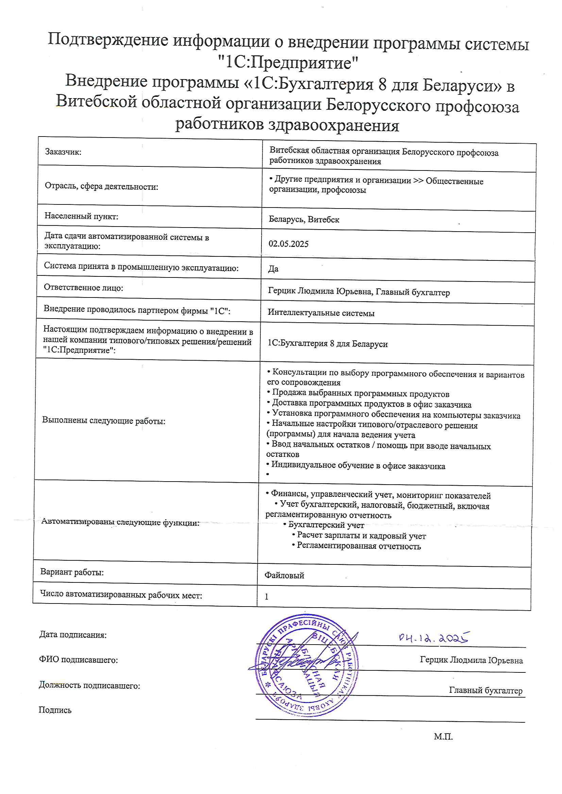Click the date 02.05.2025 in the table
(x=288, y=244)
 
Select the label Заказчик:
(x=63, y=152)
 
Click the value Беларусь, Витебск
(x=304, y=220)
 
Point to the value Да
(x=273, y=269)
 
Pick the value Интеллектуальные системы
(x=321, y=313)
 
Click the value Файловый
(x=284, y=575)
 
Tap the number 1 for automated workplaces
(x=267, y=597)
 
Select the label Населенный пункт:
(x=81, y=216)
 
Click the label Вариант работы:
(x=72, y=572)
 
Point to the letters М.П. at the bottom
(x=443, y=737)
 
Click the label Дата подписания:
(x=73, y=635)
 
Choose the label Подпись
(x=55, y=710)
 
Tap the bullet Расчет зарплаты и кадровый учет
(x=361, y=536)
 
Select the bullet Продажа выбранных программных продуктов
(x=360, y=394)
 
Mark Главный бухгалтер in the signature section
(x=486, y=690)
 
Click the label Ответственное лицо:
(x=83, y=288)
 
